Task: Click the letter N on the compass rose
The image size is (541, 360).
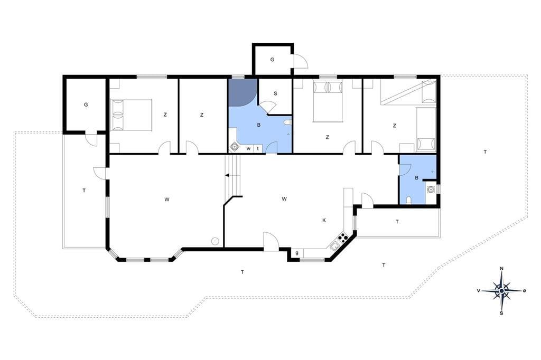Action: click(502, 269)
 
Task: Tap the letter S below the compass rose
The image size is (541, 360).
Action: click(502, 313)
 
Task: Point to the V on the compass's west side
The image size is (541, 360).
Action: click(479, 291)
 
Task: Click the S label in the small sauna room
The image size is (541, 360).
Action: click(275, 93)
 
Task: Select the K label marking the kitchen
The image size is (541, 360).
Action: click(324, 220)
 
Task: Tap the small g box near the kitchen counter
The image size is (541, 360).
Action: click(297, 253)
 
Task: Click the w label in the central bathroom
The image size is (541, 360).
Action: click(248, 149)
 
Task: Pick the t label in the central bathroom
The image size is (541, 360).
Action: click(258, 149)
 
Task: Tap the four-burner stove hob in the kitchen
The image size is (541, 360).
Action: click(342, 237)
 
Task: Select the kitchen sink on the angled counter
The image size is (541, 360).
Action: click(334, 246)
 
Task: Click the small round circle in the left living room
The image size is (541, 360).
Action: click(216, 241)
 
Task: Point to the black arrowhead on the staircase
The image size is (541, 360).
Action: click(227, 176)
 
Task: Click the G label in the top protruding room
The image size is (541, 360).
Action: click(272, 60)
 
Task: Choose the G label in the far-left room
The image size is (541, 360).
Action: click(86, 105)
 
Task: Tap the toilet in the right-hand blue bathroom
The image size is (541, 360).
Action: click(409, 201)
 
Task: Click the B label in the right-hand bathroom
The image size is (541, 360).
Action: click(417, 178)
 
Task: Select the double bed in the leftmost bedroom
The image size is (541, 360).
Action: click(131, 115)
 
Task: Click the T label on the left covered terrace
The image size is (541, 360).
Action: click(84, 191)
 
